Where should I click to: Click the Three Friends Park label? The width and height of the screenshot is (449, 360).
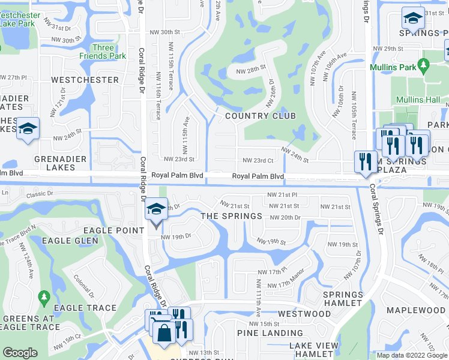(103, 52)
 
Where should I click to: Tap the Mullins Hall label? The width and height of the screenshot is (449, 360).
(418, 100)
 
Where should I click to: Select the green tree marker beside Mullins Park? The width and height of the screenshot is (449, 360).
(425, 64)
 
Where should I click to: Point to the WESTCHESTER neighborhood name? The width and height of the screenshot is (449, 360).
(85, 80)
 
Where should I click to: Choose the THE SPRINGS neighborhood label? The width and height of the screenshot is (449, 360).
(231, 216)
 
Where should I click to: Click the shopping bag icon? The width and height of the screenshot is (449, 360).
(164, 332)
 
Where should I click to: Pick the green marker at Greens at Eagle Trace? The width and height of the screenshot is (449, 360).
(43, 297)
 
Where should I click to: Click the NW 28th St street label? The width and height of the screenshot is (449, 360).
(251, 70)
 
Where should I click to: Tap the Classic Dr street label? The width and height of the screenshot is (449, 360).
(41, 194)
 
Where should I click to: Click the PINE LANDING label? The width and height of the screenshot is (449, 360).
(270, 333)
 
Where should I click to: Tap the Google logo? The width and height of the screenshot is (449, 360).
(20, 353)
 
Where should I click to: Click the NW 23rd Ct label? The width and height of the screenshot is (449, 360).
(258, 160)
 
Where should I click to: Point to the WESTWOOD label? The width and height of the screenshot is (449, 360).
(304, 314)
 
